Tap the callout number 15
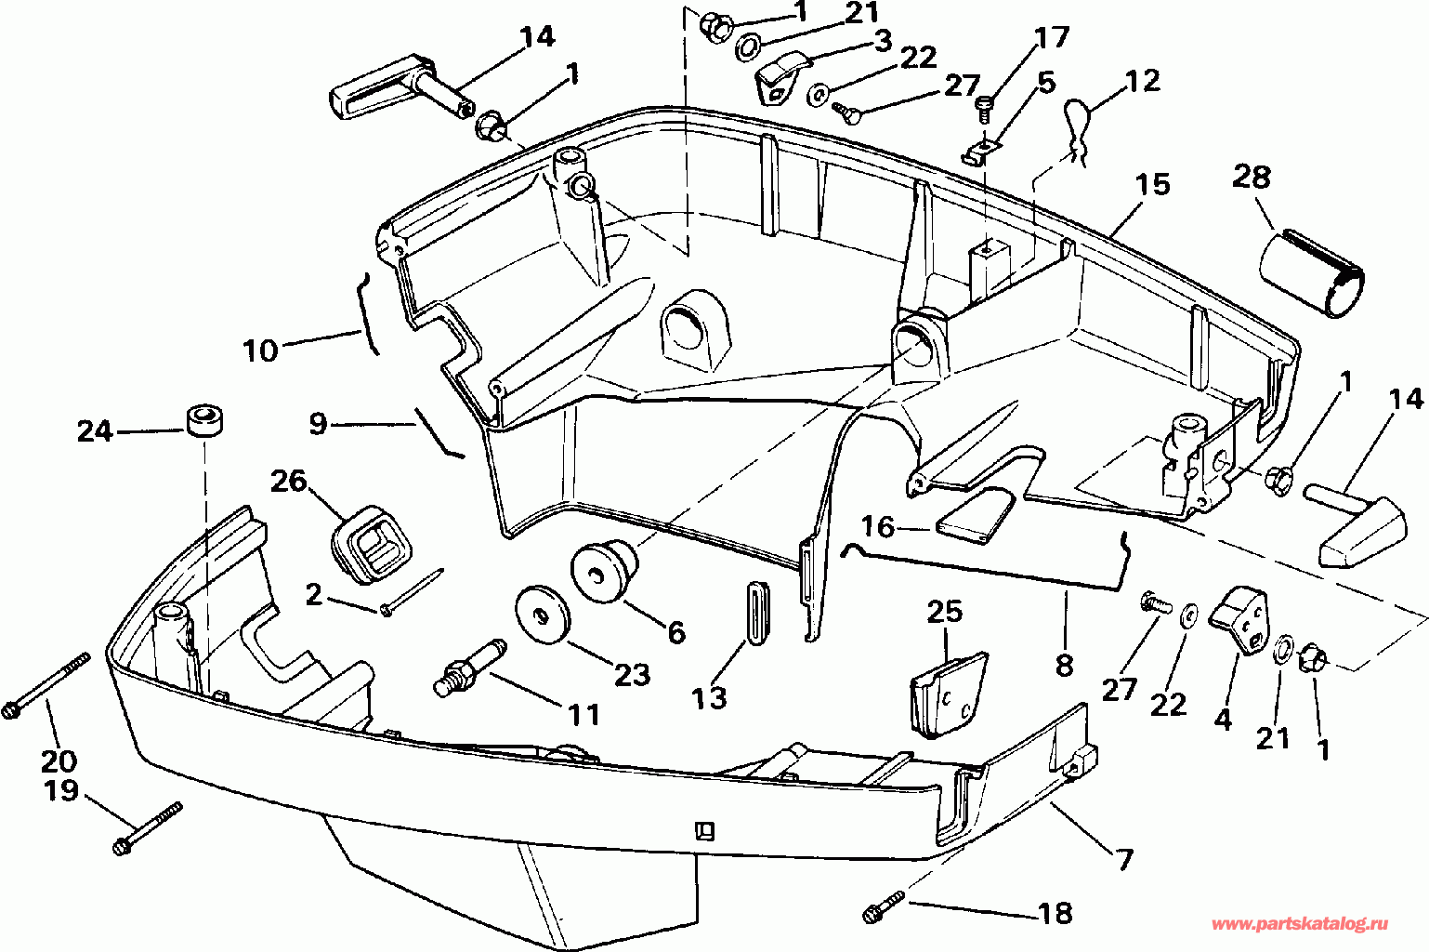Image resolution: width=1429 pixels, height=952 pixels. pos(1153,184)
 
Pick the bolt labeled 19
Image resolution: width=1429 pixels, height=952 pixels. pos(147,828)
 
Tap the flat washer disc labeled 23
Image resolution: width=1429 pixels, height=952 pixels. pos(543,614)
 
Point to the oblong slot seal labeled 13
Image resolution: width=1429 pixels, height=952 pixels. pos(756,613)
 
